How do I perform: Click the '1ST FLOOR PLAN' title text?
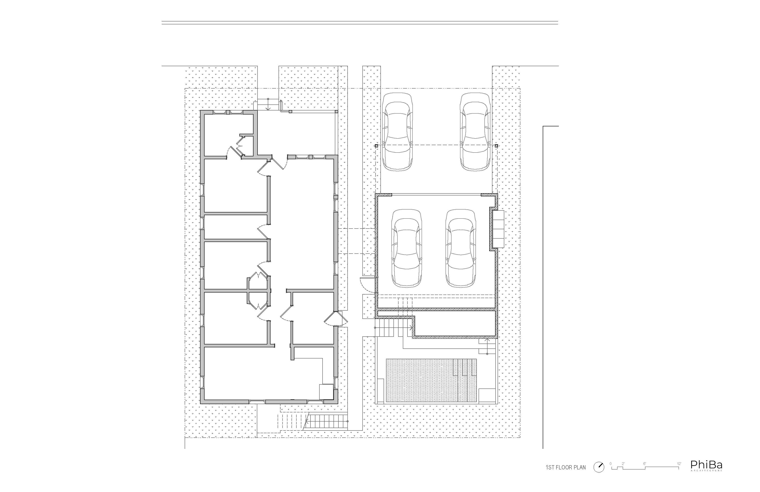(566, 467)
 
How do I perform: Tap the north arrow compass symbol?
(599, 467)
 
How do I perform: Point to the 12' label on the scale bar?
(679, 464)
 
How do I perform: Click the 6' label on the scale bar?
(644, 464)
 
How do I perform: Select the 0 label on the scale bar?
(610, 464)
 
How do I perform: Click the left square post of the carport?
(376, 146)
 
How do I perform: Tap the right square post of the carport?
(496, 146)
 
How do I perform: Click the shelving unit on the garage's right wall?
(498, 229)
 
